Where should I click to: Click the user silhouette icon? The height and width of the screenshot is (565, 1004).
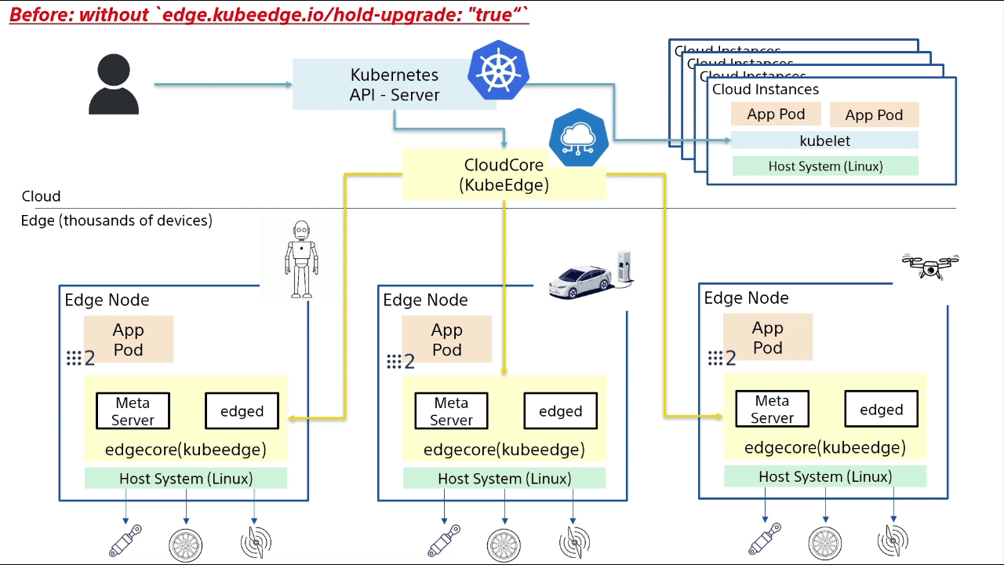[114, 86]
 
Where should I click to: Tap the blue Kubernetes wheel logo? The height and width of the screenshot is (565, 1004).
[498, 71]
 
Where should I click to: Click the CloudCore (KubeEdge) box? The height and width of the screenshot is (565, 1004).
[503, 175]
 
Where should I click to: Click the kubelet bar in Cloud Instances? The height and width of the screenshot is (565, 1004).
[824, 141]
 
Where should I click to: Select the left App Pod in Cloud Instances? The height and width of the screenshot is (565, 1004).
[776, 115]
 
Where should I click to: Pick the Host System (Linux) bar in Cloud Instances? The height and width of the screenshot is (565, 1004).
[824, 166]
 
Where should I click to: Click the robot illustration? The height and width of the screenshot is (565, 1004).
[301, 258]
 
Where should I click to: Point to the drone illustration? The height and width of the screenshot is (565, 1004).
[930, 266]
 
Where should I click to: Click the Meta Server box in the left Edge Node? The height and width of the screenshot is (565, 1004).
[133, 411]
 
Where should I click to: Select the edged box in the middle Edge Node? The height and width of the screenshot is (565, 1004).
[560, 411]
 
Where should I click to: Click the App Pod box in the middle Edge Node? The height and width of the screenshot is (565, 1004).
[446, 340]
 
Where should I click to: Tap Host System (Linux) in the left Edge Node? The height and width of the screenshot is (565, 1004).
[186, 479]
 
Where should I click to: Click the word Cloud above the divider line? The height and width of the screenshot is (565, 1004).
[41, 196]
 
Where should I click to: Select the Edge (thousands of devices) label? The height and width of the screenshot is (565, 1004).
[116, 221]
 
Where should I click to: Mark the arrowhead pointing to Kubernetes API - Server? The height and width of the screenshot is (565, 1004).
[288, 84]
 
